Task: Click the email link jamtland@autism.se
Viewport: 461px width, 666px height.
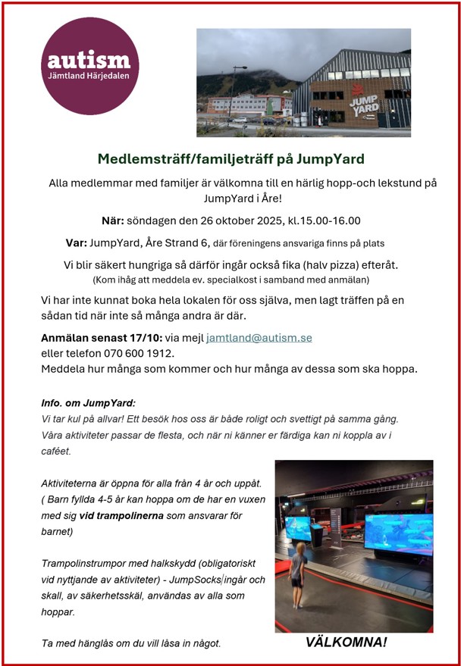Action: click(x=259, y=338)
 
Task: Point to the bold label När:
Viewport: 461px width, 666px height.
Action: click(x=112, y=221)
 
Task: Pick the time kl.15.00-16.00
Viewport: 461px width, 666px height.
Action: click(x=324, y=221)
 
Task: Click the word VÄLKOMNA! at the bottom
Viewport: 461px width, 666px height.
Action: click(x=346, y=642)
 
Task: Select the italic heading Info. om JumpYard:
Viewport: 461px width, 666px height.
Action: click(x=88, y=403)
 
